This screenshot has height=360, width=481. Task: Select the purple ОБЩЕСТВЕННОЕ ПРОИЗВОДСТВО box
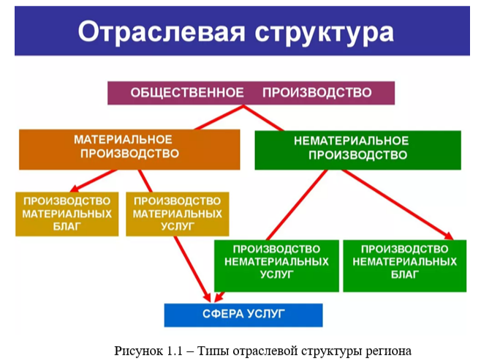click(x=251, y=93)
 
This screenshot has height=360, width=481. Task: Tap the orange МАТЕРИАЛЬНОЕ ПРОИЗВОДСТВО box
click(x=129, y=149)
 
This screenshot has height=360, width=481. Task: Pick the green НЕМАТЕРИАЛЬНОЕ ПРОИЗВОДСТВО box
click(x=357, y=149)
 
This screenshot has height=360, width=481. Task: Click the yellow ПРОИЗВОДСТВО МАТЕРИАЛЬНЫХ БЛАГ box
click(x=67, y=214)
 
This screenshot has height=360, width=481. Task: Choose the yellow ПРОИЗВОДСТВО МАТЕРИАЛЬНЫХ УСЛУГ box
click(x=177, y=214)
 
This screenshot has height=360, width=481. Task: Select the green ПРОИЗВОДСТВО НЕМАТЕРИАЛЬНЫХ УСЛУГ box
click(x=276, y=264)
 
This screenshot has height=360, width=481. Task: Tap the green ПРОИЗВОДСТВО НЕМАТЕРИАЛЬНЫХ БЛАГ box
click(x=404, y=264)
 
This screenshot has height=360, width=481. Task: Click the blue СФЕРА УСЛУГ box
click(x=243, y=315)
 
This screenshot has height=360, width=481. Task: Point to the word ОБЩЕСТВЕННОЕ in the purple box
click(x=186, y=93)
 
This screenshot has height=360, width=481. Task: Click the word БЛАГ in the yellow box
click(x=67, y=227)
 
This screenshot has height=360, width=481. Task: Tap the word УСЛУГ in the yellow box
click(x=177, y=227)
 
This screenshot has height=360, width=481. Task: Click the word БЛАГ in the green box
click(x=404, y=275)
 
